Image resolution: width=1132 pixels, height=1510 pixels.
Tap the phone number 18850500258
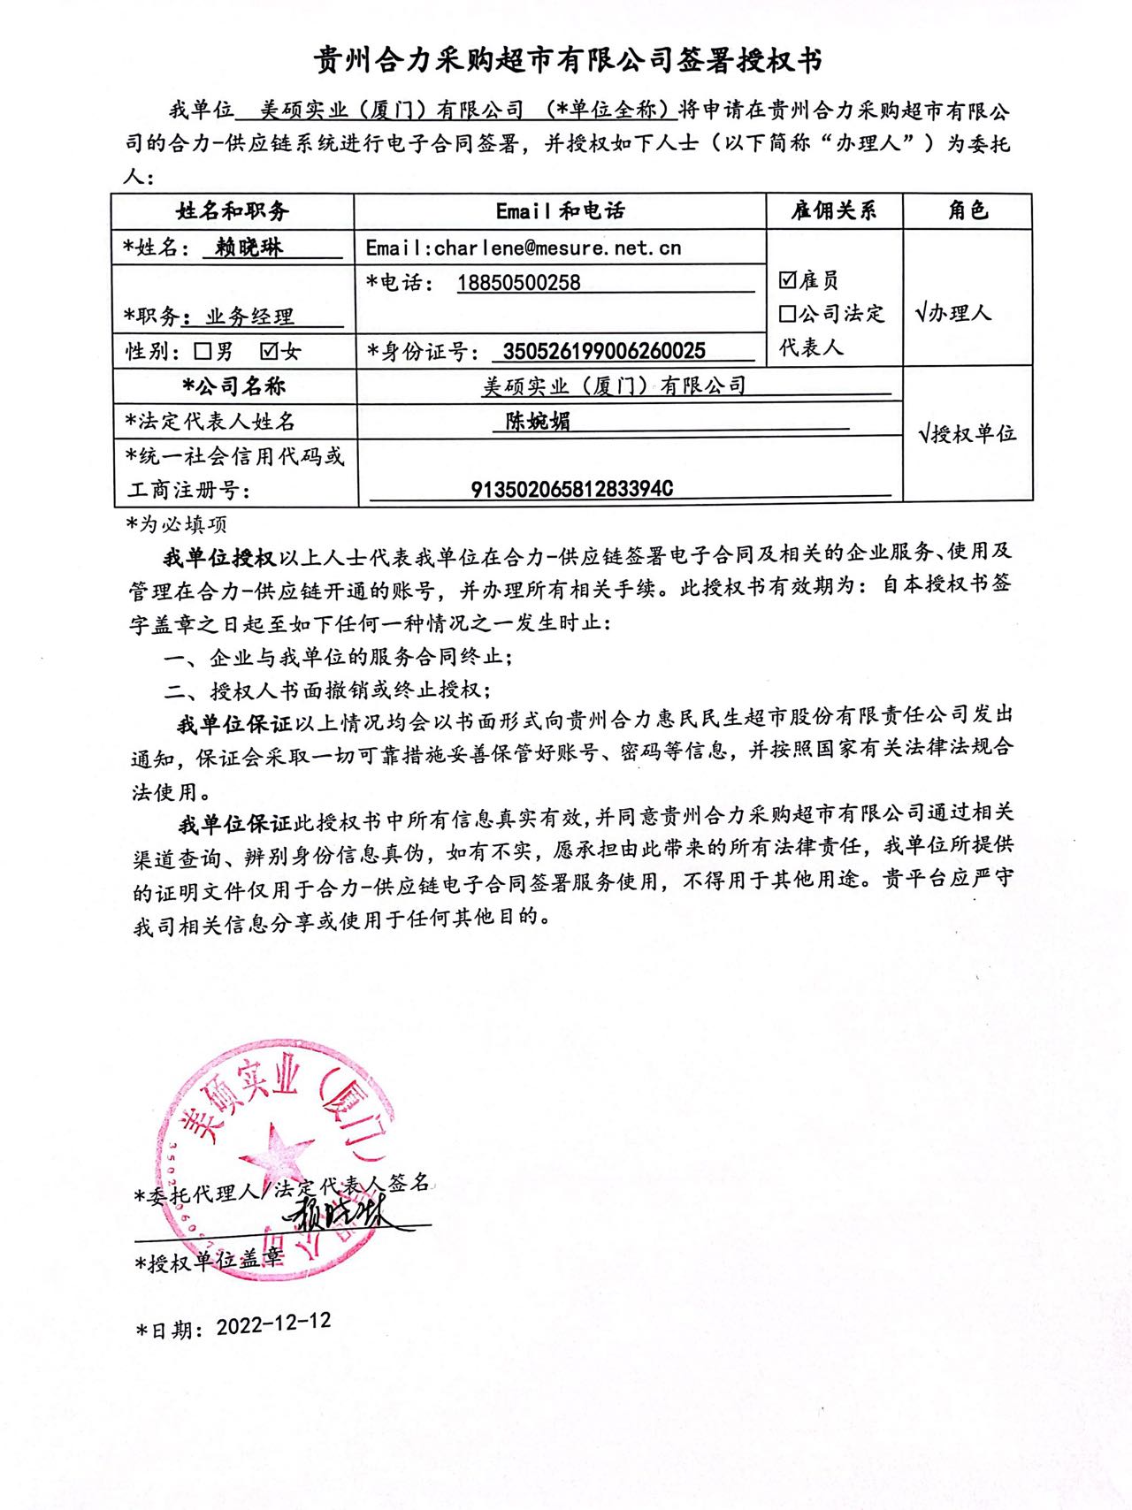pos(518,283)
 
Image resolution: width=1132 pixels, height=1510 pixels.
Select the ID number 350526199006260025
pos(604,351)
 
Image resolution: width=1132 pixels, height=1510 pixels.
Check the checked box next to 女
pos(270,351)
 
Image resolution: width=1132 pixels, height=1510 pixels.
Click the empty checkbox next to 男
pos(203,351)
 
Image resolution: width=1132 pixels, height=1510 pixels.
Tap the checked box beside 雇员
pos(787,280)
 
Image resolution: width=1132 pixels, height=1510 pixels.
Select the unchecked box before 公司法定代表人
pos(787,314)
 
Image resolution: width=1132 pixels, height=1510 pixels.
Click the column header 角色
pos(968,210)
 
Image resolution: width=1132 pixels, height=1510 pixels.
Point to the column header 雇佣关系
pos(833,210)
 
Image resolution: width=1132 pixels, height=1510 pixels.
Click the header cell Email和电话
pos(560,210)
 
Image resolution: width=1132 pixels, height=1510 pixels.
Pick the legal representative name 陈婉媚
pos(538,421)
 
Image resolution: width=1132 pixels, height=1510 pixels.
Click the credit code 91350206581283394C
pos(571,489)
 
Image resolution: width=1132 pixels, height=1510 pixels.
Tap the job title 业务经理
pos(249,316)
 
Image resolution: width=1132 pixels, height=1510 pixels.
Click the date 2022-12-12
pos(273,1323)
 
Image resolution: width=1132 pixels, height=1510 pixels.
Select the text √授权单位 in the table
pos(968,434)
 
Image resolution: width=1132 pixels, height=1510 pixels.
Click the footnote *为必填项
pos(177,524)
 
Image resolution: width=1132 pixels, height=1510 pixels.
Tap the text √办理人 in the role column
pos(953,313)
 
